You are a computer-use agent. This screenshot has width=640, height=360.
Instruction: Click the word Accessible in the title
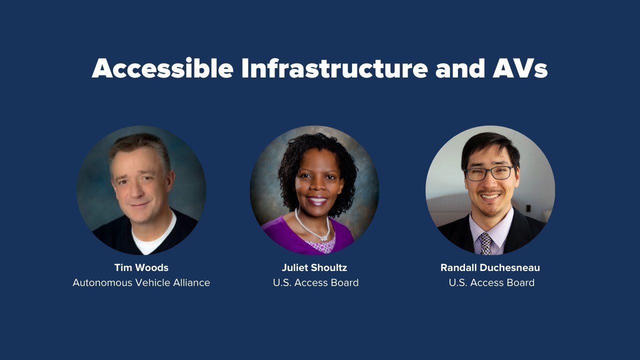162,68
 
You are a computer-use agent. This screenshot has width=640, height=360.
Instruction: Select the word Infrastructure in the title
334,68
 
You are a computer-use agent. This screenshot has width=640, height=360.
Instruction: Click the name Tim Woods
141,267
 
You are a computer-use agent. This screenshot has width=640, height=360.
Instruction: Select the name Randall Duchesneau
490,267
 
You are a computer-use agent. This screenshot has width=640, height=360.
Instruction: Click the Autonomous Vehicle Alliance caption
141,282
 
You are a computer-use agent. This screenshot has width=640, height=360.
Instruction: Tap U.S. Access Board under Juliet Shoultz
315,282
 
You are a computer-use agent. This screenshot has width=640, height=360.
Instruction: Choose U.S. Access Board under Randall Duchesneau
491,282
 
